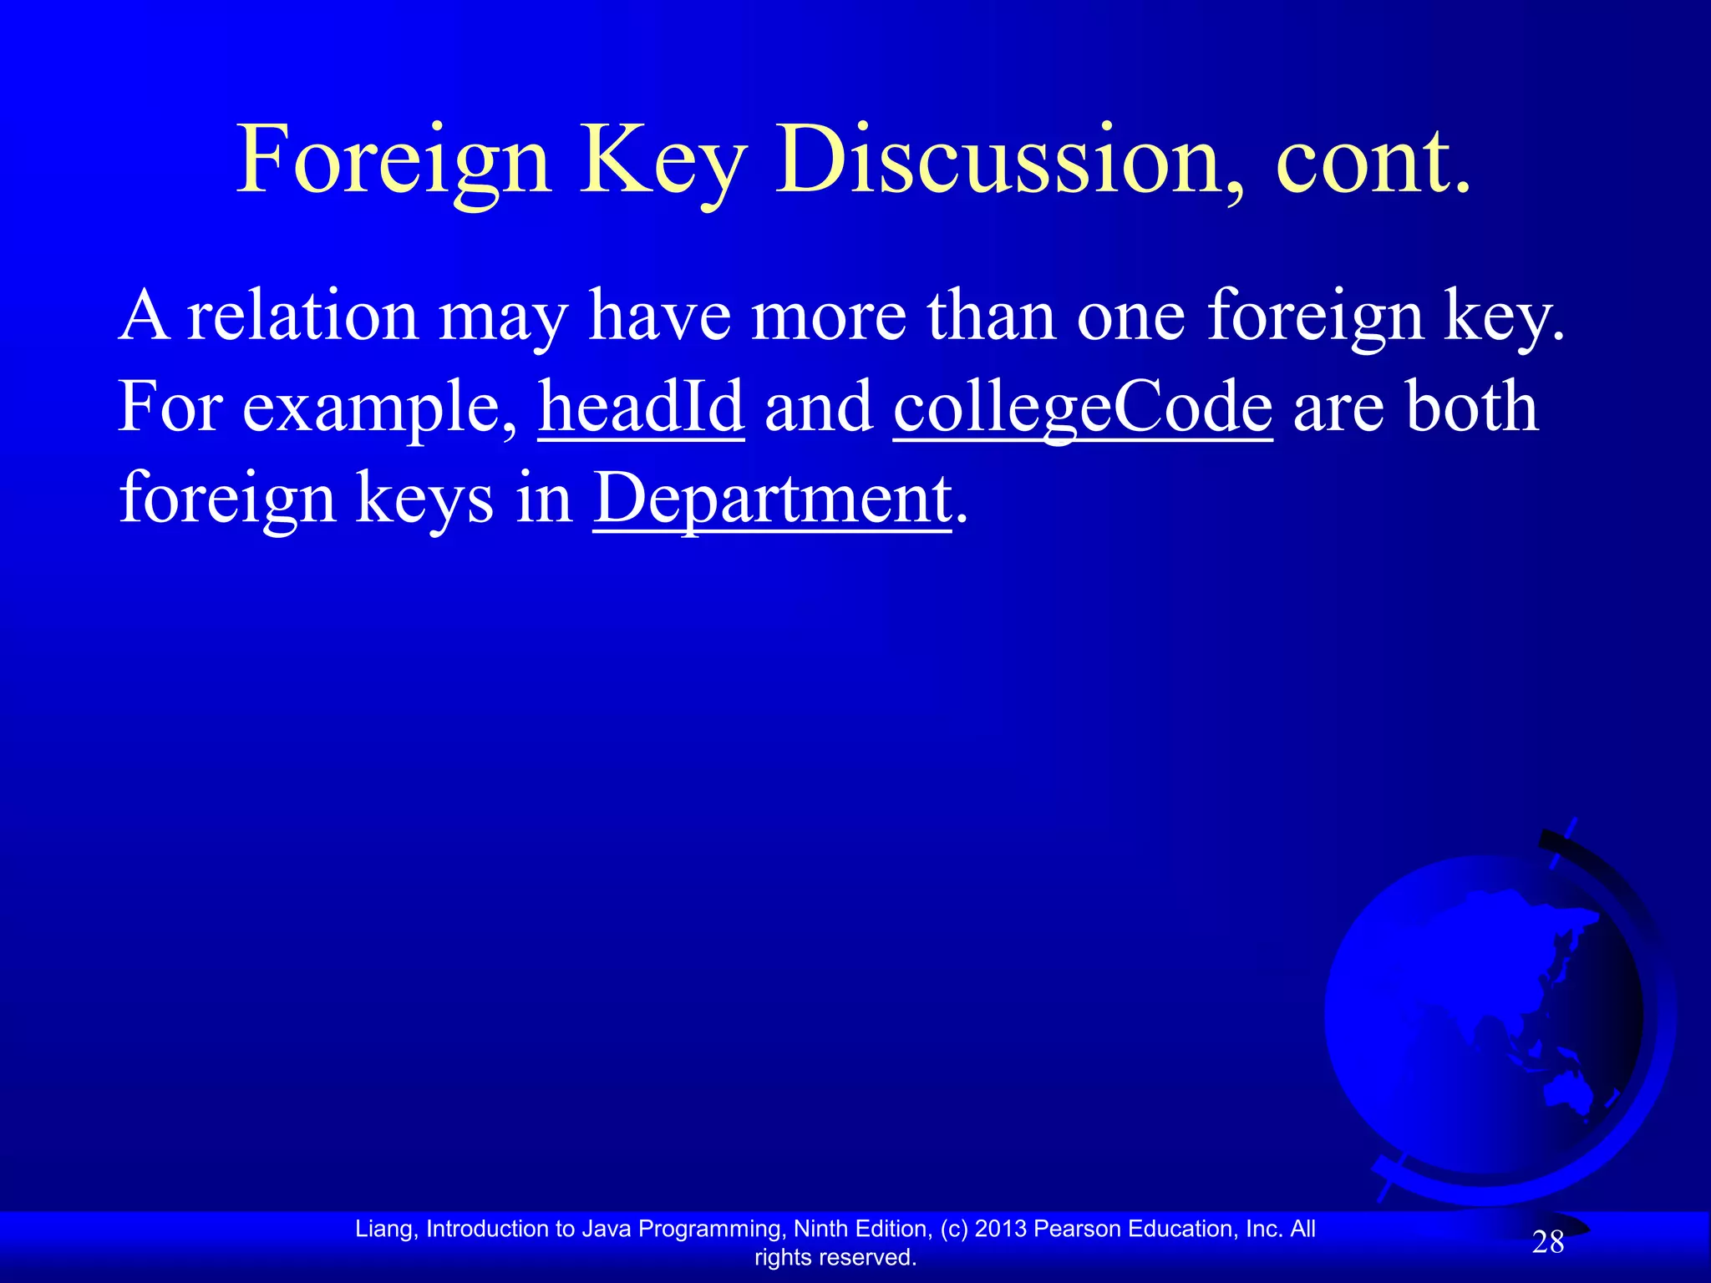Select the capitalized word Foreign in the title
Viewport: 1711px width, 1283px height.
point(393,160)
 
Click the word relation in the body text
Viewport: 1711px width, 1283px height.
point(302,316)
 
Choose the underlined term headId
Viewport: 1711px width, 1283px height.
point(641,407)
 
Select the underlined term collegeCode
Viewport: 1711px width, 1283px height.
point(1083,407)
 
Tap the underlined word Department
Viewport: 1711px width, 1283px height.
point(772,499)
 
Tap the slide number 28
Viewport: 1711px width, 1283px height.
point(1547,1243)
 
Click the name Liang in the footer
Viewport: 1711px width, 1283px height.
point(383,1229)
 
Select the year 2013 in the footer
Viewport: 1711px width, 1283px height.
point(1001,1229)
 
